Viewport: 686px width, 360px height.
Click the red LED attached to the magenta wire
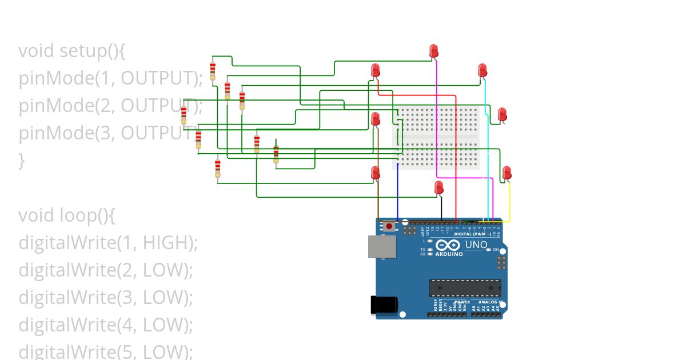(x=434, y=51)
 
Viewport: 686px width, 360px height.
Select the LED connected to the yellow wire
(x=506, y=173)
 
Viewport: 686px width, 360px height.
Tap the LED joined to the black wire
(x=439, y=187)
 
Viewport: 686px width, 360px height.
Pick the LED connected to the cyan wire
(x=482, y=70)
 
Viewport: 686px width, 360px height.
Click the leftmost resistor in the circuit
(x=184, y=115)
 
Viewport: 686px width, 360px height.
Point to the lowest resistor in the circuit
(x=217, y=169)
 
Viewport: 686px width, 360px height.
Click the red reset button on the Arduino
(x=389, y=226)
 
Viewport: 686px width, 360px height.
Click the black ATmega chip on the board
(x=465, y=288)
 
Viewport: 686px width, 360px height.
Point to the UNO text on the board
(x=476, y=245)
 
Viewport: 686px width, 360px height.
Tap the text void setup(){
(x=71, y=51)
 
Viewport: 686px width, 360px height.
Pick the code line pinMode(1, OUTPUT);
(x=110, y=78)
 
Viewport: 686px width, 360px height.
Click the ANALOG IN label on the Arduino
(x=490, y=302)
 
